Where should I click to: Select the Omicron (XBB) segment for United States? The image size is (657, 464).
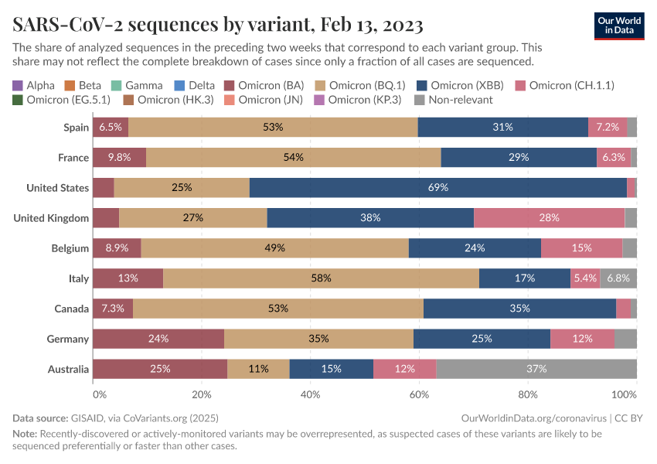437,187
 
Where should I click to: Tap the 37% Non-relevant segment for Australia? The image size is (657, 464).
536,369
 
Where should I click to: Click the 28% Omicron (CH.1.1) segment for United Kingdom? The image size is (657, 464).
549,218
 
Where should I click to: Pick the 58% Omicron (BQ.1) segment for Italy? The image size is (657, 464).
321,278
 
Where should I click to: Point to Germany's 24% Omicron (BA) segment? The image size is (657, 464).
158,339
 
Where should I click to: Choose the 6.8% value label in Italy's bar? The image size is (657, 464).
618,278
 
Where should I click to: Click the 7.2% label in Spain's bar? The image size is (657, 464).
608,127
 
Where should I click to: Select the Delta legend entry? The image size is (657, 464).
196,85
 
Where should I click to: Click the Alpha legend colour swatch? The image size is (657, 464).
18,85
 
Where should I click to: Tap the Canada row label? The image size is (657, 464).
71,309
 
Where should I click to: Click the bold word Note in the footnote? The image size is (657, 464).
25,434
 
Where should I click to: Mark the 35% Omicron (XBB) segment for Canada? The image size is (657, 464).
519,309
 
